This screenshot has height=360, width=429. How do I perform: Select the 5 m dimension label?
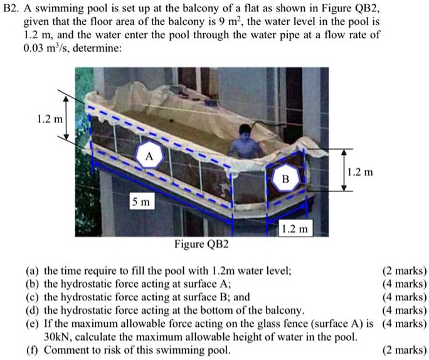pos(140,202)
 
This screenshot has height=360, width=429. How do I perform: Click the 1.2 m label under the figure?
pos(294,230)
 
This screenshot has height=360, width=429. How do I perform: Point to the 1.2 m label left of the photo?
pos(48,119)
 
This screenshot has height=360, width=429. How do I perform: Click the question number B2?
pos(12,8)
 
